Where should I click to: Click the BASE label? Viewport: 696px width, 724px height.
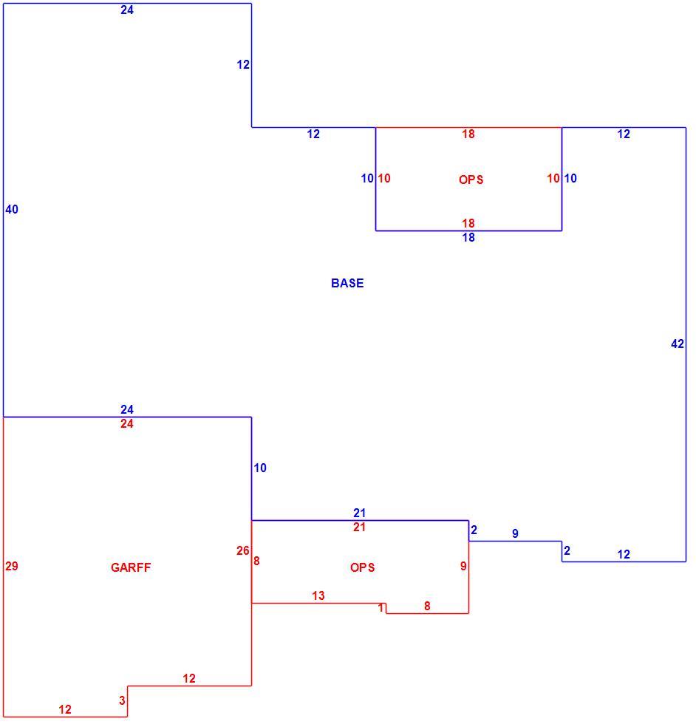point(347,283)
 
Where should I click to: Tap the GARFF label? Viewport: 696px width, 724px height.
point(131,567)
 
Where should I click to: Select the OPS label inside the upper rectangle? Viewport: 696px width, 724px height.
point(471,180)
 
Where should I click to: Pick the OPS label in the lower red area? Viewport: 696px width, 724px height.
point(363,567)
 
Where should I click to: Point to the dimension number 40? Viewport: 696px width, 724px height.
point(12,209)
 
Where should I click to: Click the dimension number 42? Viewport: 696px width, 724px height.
point(677,344)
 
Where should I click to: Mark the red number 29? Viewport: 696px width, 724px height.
point(12,566)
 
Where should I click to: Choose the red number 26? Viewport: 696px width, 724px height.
point(243,550)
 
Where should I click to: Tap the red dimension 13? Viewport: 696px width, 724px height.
point(318,595)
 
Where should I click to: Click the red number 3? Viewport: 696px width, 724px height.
point(122,700)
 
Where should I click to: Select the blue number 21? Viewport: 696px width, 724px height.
point(359,513)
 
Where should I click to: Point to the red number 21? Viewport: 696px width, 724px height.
point(359,527)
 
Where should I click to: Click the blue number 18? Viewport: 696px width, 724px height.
point(468,237)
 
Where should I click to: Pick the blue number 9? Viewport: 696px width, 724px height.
point(516,533)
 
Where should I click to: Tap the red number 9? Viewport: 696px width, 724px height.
point(463,566)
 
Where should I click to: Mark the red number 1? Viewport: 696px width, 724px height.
point(381,607)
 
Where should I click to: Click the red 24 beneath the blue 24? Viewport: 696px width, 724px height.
point(127,423)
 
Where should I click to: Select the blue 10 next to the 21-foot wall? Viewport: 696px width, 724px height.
point(260,468)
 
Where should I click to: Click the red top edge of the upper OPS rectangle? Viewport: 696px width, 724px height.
point(468,127)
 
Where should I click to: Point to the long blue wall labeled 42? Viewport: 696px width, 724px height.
point(686,344)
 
